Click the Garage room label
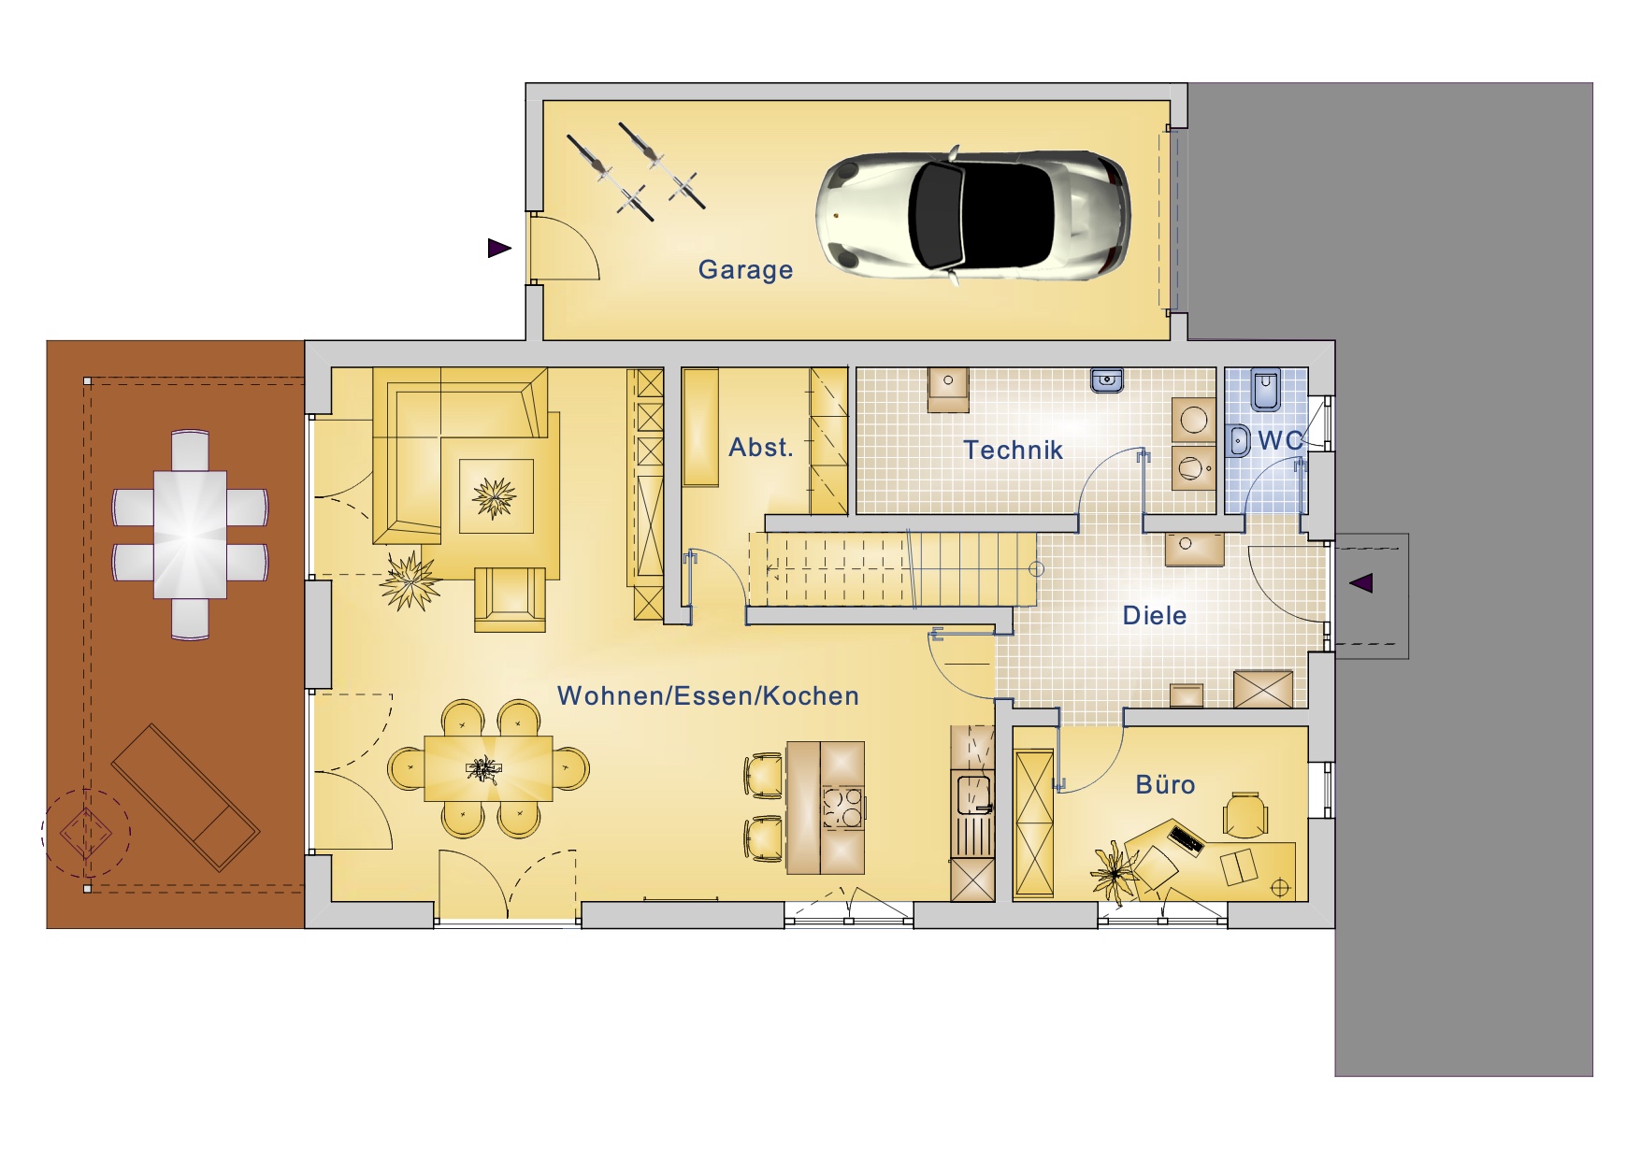coord(745,270)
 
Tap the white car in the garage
coord(972,214)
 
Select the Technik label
coord(1014,451)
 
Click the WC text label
coord(1281,441)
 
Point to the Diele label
coord(1155,616)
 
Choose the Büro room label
coord(1165,784)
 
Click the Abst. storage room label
coord(761,448)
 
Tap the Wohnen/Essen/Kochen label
coord(708,696)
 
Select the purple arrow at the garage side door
coord(499,248)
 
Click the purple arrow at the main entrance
coord(1361,583)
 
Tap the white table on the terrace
coord(191,535)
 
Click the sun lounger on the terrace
coord(185,797)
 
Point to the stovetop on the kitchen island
coord(843,808)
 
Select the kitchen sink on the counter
coord(972,794)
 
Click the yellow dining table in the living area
coord(488,768)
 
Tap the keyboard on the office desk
coord(1186,838)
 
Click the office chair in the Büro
coord(1245,814)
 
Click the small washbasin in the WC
coord(1238,439)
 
